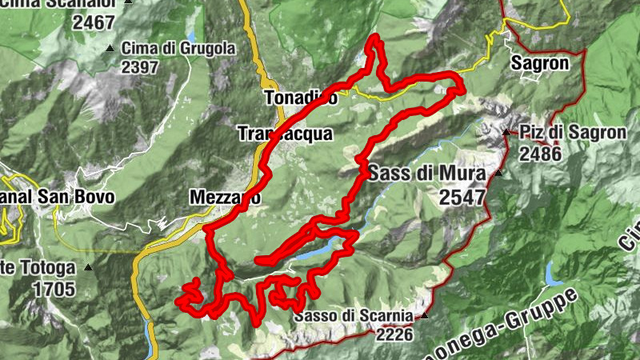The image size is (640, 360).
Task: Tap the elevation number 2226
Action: point(392,334)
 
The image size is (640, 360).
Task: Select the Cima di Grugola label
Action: point(178,49)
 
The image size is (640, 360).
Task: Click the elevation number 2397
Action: point(140,68)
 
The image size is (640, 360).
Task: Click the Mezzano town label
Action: point(226,197)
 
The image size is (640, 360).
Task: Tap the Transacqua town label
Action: point(285,134)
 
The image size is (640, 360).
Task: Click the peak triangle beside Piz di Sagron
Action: point(507,132)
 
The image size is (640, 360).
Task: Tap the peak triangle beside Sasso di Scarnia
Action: point(425,315)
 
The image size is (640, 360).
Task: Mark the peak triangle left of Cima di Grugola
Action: point(110,49)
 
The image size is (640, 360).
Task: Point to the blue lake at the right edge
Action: point(551,274)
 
